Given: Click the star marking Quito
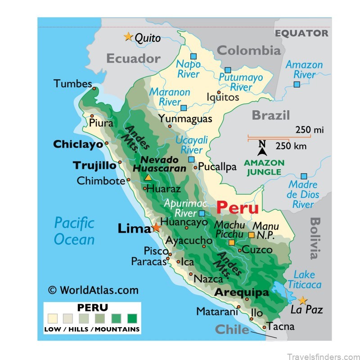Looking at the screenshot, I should (128, 36).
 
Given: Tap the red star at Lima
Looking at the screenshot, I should (156, 228).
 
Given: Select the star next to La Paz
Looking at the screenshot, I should (303, 300).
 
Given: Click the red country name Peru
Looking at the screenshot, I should (238, 207).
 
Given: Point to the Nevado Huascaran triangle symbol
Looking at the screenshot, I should (148, 178).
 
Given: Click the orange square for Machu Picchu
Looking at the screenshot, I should (231, 243).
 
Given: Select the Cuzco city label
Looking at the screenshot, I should (257, 250).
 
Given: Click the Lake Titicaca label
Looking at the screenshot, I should (305, 279).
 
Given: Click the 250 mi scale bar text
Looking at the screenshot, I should (310, 130).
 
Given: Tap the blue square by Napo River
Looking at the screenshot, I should (193, 56).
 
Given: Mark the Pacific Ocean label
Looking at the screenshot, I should (74, 230).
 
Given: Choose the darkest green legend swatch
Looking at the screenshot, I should (132, 319).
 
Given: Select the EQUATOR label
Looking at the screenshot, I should (301, 33).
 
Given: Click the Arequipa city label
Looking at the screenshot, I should (241, 292).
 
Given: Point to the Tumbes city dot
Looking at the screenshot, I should (94, 88).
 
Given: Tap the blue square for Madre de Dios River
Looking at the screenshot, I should (304, 176).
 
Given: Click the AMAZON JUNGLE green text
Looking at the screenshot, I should (264, 167).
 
